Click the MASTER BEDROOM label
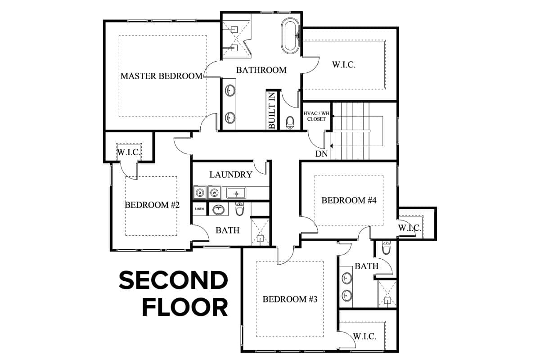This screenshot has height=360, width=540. [x=162, y=76]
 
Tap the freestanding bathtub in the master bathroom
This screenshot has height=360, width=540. [x=291, y=36]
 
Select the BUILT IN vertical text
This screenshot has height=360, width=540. [x=272, y=110]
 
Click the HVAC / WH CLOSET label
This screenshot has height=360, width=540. [x=316, y=116]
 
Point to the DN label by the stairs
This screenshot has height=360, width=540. [x=322, y=153]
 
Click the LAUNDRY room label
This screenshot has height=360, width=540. [x=231, y=174]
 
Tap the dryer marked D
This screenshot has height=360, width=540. [x=200, y=193]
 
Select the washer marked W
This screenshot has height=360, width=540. [x=214, y=193]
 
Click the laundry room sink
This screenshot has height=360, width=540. [x=236, y=193]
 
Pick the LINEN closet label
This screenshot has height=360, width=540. [x=199, y=209]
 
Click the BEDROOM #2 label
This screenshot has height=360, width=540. [x=152, y=205]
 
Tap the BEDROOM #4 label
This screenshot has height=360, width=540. [x=349, y=200]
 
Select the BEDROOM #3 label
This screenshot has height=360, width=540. [x=290, y=299]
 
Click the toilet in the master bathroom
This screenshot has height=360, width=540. [x=290, y=123]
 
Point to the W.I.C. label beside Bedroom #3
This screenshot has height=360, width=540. [x=364, y=336]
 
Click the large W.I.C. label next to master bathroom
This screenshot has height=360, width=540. [x=344, y=65]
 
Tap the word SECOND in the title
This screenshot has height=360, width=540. [x=173, y=280]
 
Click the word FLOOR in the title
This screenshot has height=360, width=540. [x=185, y=307]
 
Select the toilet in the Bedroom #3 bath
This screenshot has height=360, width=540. [x=386, y=247]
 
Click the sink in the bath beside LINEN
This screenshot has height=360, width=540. [x=219, y=209]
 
